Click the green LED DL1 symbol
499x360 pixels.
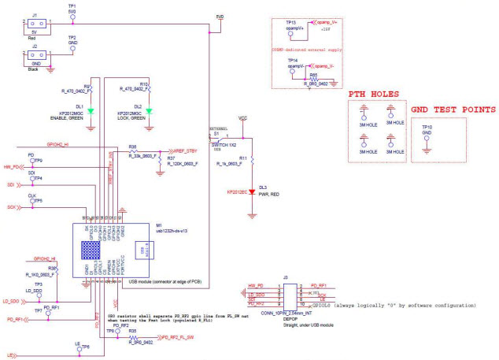pyautogui.click(x=91, y=110)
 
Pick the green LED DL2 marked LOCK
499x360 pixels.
pyautogui.click(x=148, y=110)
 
